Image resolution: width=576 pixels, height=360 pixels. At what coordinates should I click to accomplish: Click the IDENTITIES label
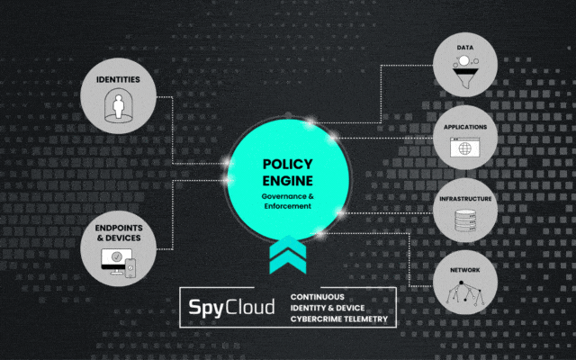(123, 79)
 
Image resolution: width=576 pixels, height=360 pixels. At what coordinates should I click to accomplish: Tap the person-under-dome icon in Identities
(123, 105)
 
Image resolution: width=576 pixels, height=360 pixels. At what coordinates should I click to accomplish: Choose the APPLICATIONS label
(465, 127)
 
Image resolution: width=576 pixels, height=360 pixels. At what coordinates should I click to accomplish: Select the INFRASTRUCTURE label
(465, 198)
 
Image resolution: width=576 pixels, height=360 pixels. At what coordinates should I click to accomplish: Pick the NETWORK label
(465, 269)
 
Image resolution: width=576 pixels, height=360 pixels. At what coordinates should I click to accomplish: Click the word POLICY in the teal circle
(287, 164)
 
